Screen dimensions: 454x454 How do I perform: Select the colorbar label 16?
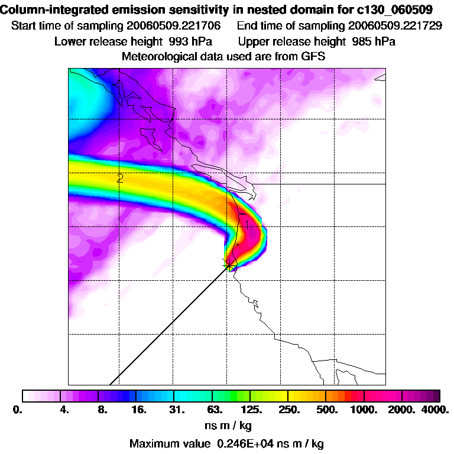[138, 409]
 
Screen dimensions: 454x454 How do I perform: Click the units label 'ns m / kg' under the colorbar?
[226, 425]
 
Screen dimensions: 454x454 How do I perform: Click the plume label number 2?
[120, 178]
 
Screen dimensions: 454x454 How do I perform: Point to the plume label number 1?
[247, 223]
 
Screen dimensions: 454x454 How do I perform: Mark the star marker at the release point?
[228, 267]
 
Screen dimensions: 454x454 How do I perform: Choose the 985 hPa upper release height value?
[373, 41]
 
